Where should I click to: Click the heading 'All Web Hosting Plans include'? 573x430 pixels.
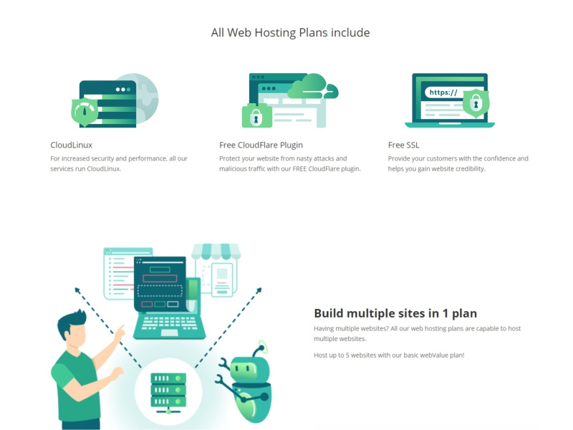coord(290,32)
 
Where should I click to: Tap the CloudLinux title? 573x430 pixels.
coord(71,145)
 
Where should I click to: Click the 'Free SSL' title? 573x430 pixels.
coord(404,145)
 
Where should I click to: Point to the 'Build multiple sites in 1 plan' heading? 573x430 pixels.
coord(395,313)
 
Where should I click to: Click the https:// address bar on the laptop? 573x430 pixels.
coord(445,92)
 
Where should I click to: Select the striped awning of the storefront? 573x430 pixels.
coord(216,251)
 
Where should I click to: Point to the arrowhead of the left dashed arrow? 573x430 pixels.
coord(77,290)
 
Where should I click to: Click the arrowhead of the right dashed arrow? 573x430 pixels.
coord(259,290)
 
